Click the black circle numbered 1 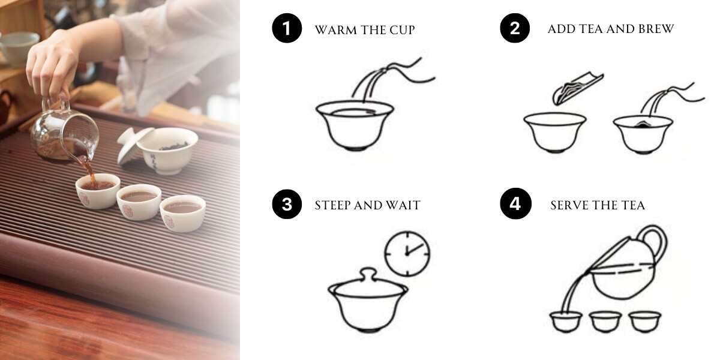pos(287,28)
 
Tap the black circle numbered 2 pos(515,28)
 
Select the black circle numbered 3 pos(287,204)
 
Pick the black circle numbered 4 pos(515,203)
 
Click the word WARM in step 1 pos(335,30)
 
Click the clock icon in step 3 pos(407,253)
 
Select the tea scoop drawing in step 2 pos(577,88)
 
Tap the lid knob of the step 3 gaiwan pos(368,275)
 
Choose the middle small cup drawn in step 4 pos(605,321)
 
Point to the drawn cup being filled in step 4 pos(566,322)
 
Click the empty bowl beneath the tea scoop pos(555,132)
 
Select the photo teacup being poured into pos(98,191)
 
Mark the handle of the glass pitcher pos(57,103)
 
